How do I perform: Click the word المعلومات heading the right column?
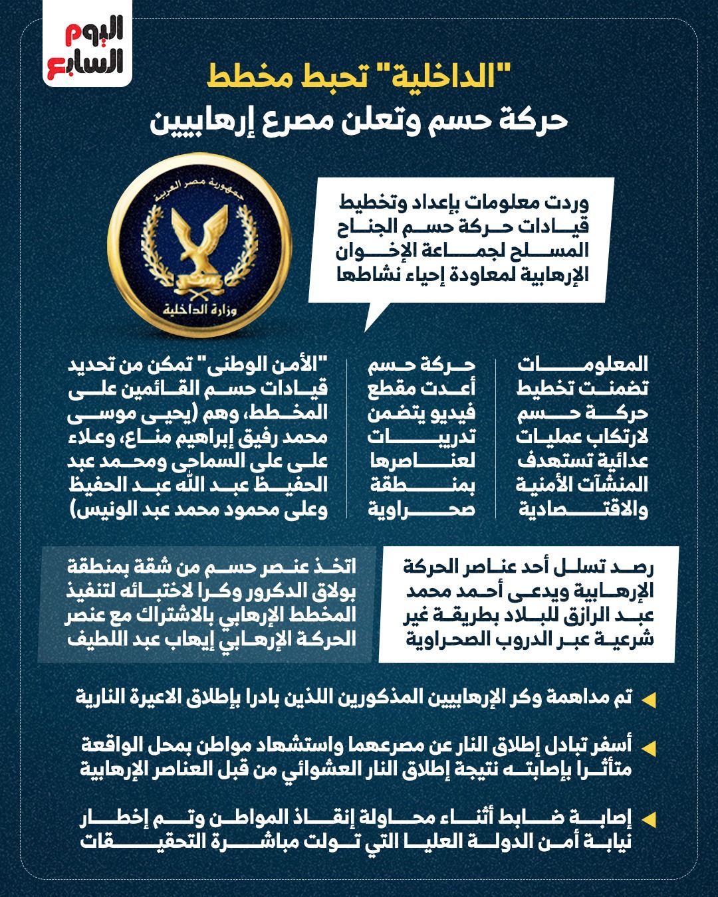(x=582, y=364)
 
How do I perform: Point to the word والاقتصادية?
(x=582, y=510)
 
